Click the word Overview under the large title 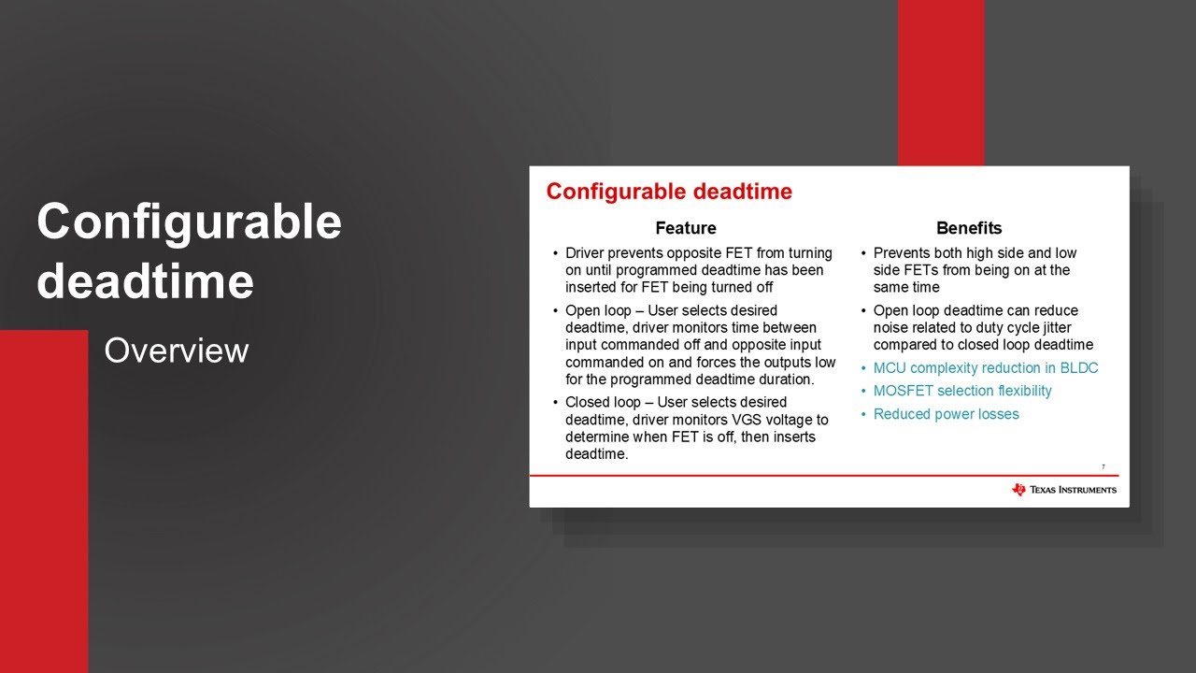click(x=176, y=351)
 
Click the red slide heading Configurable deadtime click(x=669, y=192)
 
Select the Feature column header click(x=685, y=228)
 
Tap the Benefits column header click(x=968, y=228)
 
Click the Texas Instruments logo click(x=1063, y=490)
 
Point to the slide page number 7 click(x=1103, y=466)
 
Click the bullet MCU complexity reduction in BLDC click(x=985, y=368)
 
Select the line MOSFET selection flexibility click(x=961, y=391)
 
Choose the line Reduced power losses click(x=946, y=414)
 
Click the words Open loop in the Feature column click(x=596, y=310)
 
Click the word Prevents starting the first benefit click(x=902, y=253)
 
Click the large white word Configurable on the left click(x=189, y=222)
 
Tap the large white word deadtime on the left click(x=145, y=280)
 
